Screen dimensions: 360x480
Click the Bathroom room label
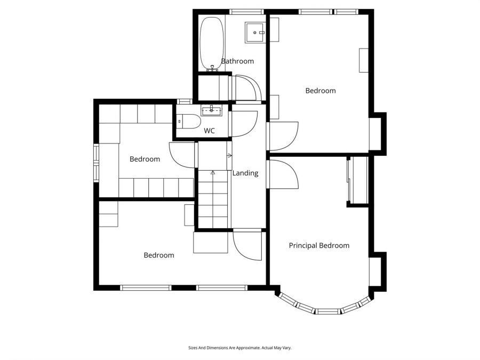[x=237, y=61]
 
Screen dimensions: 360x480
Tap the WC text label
[x=209, y=131]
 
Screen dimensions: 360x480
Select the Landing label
[x=245, y=173]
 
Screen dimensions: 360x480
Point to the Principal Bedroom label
[x=319, y=245]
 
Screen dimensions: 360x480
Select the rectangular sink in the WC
[x=211, y=110]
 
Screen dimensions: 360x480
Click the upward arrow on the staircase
[x=213, y=173]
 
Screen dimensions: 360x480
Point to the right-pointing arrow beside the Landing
[x=230, y=156]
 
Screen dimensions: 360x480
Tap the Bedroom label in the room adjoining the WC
[x=145, y=159]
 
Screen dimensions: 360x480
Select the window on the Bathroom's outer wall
[x=246, y=11]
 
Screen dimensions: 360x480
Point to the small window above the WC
[x=185, y=101]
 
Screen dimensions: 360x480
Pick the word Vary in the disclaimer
[x=287, y=348]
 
